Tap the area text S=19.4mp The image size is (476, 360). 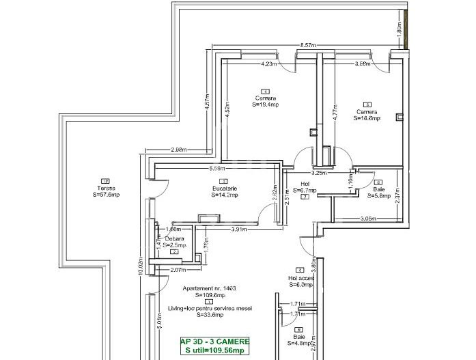(x=265, y=105)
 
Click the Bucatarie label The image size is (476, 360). (x=224, y=188)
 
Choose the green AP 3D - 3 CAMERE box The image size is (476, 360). (x=215, y=346)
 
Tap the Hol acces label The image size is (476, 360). (x=300, y=277)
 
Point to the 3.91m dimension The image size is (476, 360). (x=240, y=229)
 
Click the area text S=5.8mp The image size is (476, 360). (x=380, y=196)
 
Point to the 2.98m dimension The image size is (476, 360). (x=180, y=150)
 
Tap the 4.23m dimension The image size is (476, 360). (x=268, y=65)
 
